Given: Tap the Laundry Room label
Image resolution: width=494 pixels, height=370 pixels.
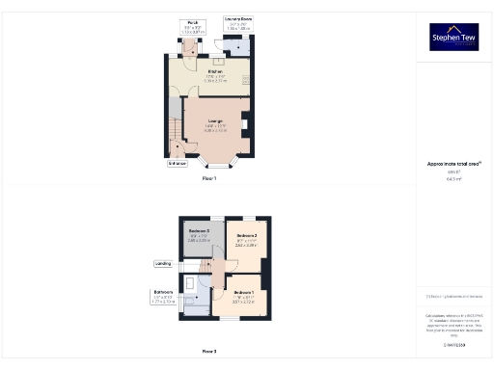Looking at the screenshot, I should pos(237,18).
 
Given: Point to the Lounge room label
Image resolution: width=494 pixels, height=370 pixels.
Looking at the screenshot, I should pos(216,120).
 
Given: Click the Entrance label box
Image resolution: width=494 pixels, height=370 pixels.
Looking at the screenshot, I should pos(178,164).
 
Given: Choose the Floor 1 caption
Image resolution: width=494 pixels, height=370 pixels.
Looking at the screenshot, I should pos(209,178).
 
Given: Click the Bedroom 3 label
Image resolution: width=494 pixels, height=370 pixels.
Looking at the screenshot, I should pos(200,231).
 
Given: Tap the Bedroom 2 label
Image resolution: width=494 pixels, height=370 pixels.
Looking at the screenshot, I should pos(247,235).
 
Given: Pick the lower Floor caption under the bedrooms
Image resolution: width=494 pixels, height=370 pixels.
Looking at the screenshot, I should pos(209,351).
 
